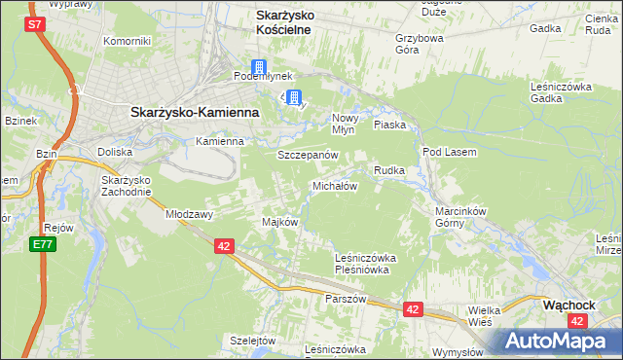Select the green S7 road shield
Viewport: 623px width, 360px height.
[x=35, y=24]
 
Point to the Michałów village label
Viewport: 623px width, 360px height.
[x=336, y=185]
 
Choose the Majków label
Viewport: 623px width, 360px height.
[x=279, y=222]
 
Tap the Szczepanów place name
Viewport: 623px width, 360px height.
[x=308, y=155]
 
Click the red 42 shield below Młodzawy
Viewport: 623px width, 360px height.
[x=224, y=247]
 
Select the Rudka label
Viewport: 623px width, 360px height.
[x=388, y=170]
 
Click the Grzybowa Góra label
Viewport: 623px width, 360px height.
[x=420, y=45]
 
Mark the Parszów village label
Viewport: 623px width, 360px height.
[x=346, y=299]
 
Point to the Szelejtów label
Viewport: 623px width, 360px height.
[x=254, y=341]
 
